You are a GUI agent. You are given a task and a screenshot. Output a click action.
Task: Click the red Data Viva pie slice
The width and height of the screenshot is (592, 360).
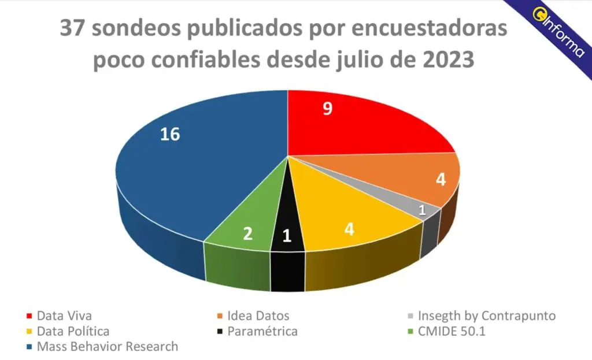pos(358,124)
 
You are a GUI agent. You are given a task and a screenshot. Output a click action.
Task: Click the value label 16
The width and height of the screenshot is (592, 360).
pos(170,134)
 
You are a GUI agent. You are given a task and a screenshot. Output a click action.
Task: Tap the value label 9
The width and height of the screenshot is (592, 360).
pos(327,108)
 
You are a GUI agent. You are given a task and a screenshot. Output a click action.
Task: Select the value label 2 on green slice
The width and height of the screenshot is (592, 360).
pos(247,234)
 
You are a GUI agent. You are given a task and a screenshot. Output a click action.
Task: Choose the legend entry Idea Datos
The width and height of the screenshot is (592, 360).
pos(258,316)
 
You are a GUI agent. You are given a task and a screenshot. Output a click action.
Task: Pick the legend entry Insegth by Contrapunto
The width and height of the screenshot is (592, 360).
pos(486,316)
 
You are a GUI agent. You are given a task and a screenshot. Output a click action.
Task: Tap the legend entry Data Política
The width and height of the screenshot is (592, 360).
pos(72,332)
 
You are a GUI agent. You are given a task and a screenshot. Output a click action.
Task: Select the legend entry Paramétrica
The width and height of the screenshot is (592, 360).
pos(262,332)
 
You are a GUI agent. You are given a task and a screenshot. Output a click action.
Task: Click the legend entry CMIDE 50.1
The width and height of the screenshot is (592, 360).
pos(457,332)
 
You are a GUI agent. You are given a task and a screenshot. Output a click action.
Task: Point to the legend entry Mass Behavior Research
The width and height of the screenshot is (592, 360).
pos(107,347)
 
